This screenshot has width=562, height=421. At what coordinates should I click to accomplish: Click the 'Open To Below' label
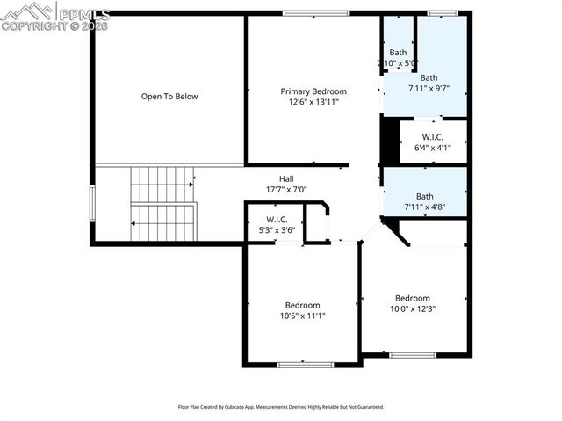(169, 97)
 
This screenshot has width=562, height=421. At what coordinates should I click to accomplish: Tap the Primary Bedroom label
(313, 91)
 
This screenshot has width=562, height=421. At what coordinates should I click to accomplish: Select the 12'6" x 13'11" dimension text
(313, 102)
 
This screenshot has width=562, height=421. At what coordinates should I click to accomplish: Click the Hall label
(286, 178)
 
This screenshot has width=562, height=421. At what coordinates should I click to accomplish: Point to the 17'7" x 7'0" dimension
(286, 189)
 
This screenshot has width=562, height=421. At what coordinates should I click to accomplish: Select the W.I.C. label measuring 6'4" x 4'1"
(432, 137)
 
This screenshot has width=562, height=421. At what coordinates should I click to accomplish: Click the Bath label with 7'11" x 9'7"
(429, 77)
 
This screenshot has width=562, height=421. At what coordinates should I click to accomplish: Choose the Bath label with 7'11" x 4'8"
(425, 196)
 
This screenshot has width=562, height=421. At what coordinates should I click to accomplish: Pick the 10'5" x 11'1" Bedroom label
(301, 305)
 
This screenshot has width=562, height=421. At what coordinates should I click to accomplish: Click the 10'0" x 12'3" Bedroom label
(413, 298)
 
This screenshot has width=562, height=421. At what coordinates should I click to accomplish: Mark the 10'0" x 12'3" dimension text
(413, 308)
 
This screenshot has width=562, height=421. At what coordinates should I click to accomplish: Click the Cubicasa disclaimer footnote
(281, 407)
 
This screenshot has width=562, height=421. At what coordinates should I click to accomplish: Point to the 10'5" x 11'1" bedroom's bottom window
(303, 364)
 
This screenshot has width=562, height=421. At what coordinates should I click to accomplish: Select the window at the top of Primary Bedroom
(310, 13)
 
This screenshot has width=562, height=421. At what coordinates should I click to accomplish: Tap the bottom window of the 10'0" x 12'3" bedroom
(412, 355)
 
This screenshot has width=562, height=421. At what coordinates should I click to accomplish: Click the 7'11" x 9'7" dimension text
(429, 88)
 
